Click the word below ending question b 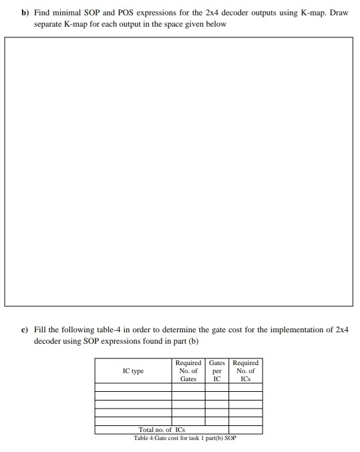pos(217,24)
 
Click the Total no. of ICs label pos(161,430)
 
